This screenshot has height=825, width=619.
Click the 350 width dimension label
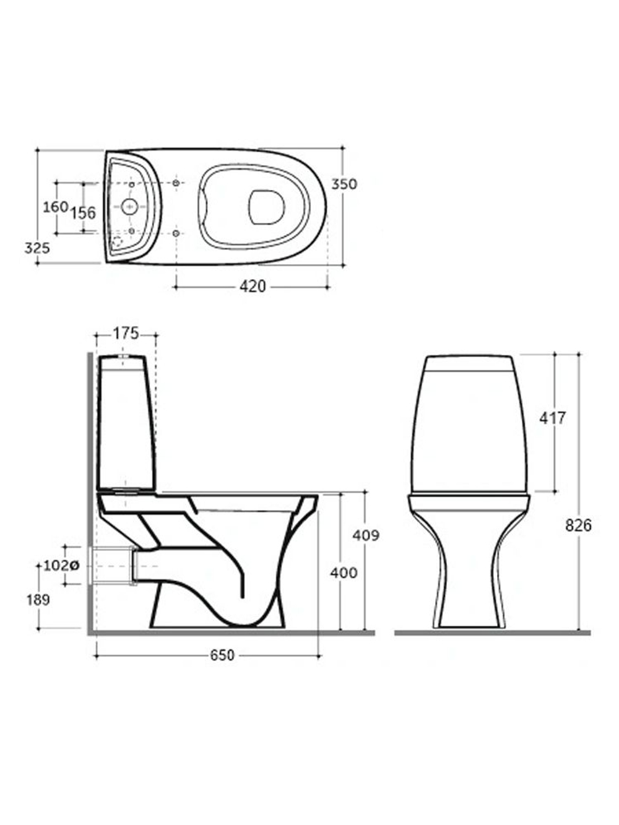click(344, 184)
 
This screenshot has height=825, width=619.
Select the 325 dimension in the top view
click(37, 248)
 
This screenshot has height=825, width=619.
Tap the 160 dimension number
click(56, 207)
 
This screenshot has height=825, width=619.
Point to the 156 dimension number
click(84, 213)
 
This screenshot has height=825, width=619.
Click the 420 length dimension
click(253, 287)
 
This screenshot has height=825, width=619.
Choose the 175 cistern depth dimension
click(126, 334)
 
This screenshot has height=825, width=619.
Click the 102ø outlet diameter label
click(61, 565)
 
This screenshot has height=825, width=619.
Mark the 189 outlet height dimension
click(38, 600)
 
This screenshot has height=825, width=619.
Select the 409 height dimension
click(366, 535)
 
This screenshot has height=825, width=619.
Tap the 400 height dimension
click(344, 573)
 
